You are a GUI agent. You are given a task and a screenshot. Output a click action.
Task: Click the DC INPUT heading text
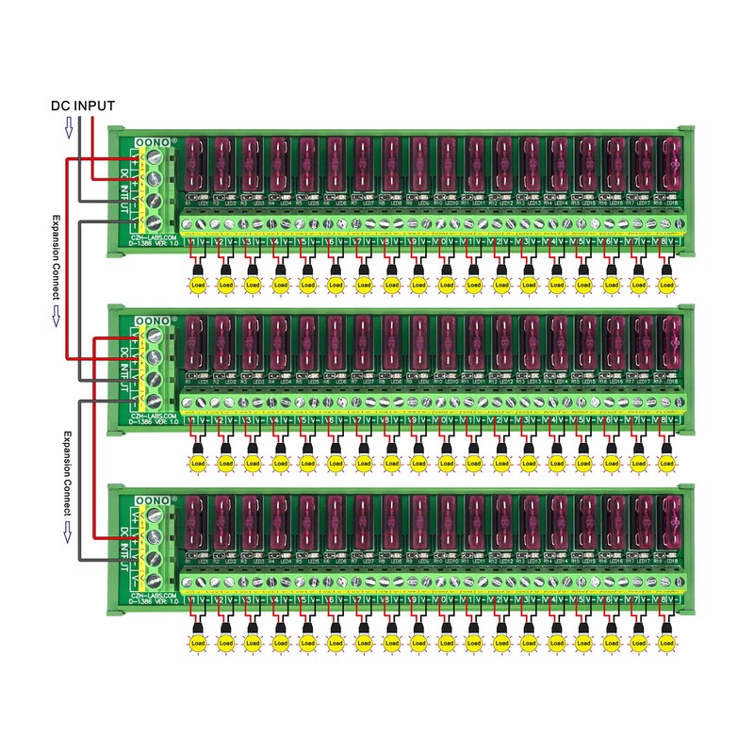point(83,106)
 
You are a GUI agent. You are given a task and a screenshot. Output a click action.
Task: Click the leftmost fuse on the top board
point(196,165)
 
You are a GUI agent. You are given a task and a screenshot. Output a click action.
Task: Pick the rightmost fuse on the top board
point(671,165)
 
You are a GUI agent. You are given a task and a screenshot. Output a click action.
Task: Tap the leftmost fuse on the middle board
point(196,343)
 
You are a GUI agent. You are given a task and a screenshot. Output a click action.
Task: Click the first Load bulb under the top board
point(198,284)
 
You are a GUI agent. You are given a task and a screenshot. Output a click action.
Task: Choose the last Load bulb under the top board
point(667,284)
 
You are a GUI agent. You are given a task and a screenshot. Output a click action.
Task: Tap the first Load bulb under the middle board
point(198,463)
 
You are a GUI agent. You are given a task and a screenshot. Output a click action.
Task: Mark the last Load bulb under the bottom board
point(667,642)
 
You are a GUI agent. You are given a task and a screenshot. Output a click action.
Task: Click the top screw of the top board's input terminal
point(156,157)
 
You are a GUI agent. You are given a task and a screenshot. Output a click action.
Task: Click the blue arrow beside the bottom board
point(67,534)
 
